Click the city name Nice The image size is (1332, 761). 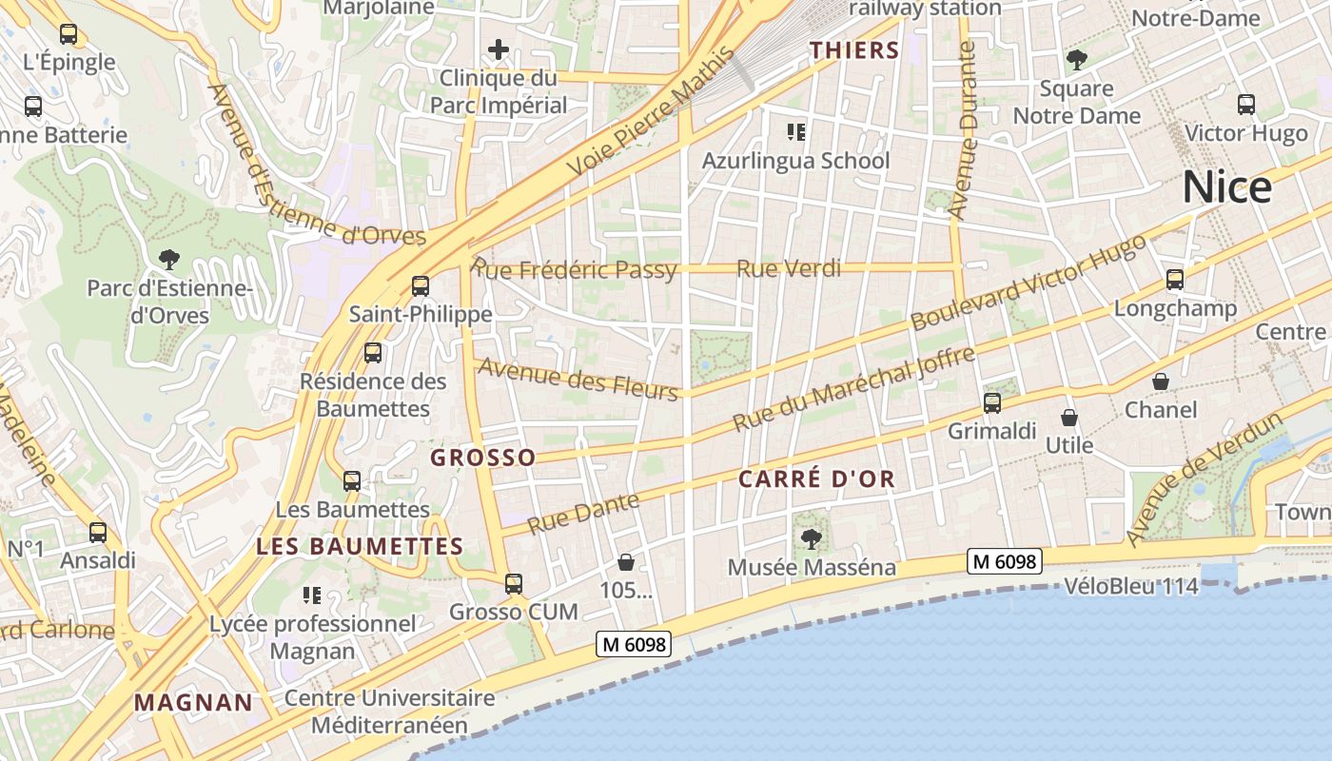[1226, 188]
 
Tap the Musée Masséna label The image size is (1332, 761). [812, 568]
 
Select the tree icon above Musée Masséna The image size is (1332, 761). [812, 539]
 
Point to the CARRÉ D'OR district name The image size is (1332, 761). [817, 478]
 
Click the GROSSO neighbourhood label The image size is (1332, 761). [482, 458]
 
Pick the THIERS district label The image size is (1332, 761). [854, 50]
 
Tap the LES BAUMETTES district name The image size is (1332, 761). [360, 546]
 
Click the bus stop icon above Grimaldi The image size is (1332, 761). [992, 402]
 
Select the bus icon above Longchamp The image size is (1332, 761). [1175, 280]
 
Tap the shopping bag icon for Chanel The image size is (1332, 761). [1161, 381]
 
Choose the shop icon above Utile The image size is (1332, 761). [1069, 417]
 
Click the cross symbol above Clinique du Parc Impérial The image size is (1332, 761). [498, 49]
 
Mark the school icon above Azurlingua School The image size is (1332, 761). [795, 131]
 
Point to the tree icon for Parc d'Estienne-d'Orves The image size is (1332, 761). [168, 258]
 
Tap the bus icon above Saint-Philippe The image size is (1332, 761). [420, 285]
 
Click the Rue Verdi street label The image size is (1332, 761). [789, 269]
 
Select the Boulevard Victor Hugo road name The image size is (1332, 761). [1028, 283]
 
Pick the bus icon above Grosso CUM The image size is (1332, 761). [514, 583]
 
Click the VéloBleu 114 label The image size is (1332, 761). [1131, 587]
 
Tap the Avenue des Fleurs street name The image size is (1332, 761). [578, 378]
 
